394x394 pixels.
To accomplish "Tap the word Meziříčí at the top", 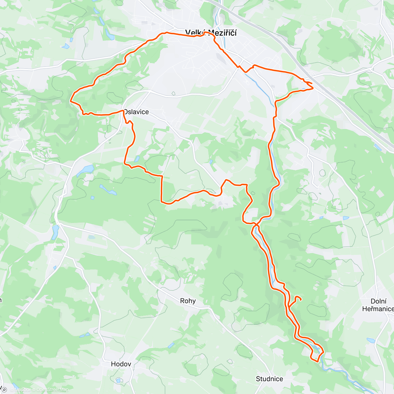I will coord(225,33).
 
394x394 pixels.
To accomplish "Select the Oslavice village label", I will coord(137,112).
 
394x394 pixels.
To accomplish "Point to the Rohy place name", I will coord(188,301).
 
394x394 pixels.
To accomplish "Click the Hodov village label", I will coord(121,364).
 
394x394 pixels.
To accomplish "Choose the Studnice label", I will coord(269,379).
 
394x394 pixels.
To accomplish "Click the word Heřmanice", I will coord(378,309).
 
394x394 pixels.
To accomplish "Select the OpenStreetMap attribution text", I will coord(53,390).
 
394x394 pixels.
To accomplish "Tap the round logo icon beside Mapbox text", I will coord(4,390).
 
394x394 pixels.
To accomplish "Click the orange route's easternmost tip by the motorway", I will coord(313,88).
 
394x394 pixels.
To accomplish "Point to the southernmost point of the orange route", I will coord(317,361).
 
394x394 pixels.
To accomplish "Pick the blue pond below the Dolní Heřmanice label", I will coord(371,340).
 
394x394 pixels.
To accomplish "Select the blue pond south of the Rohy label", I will coord(171,345).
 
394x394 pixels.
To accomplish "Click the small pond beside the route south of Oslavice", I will coord(137,159).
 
